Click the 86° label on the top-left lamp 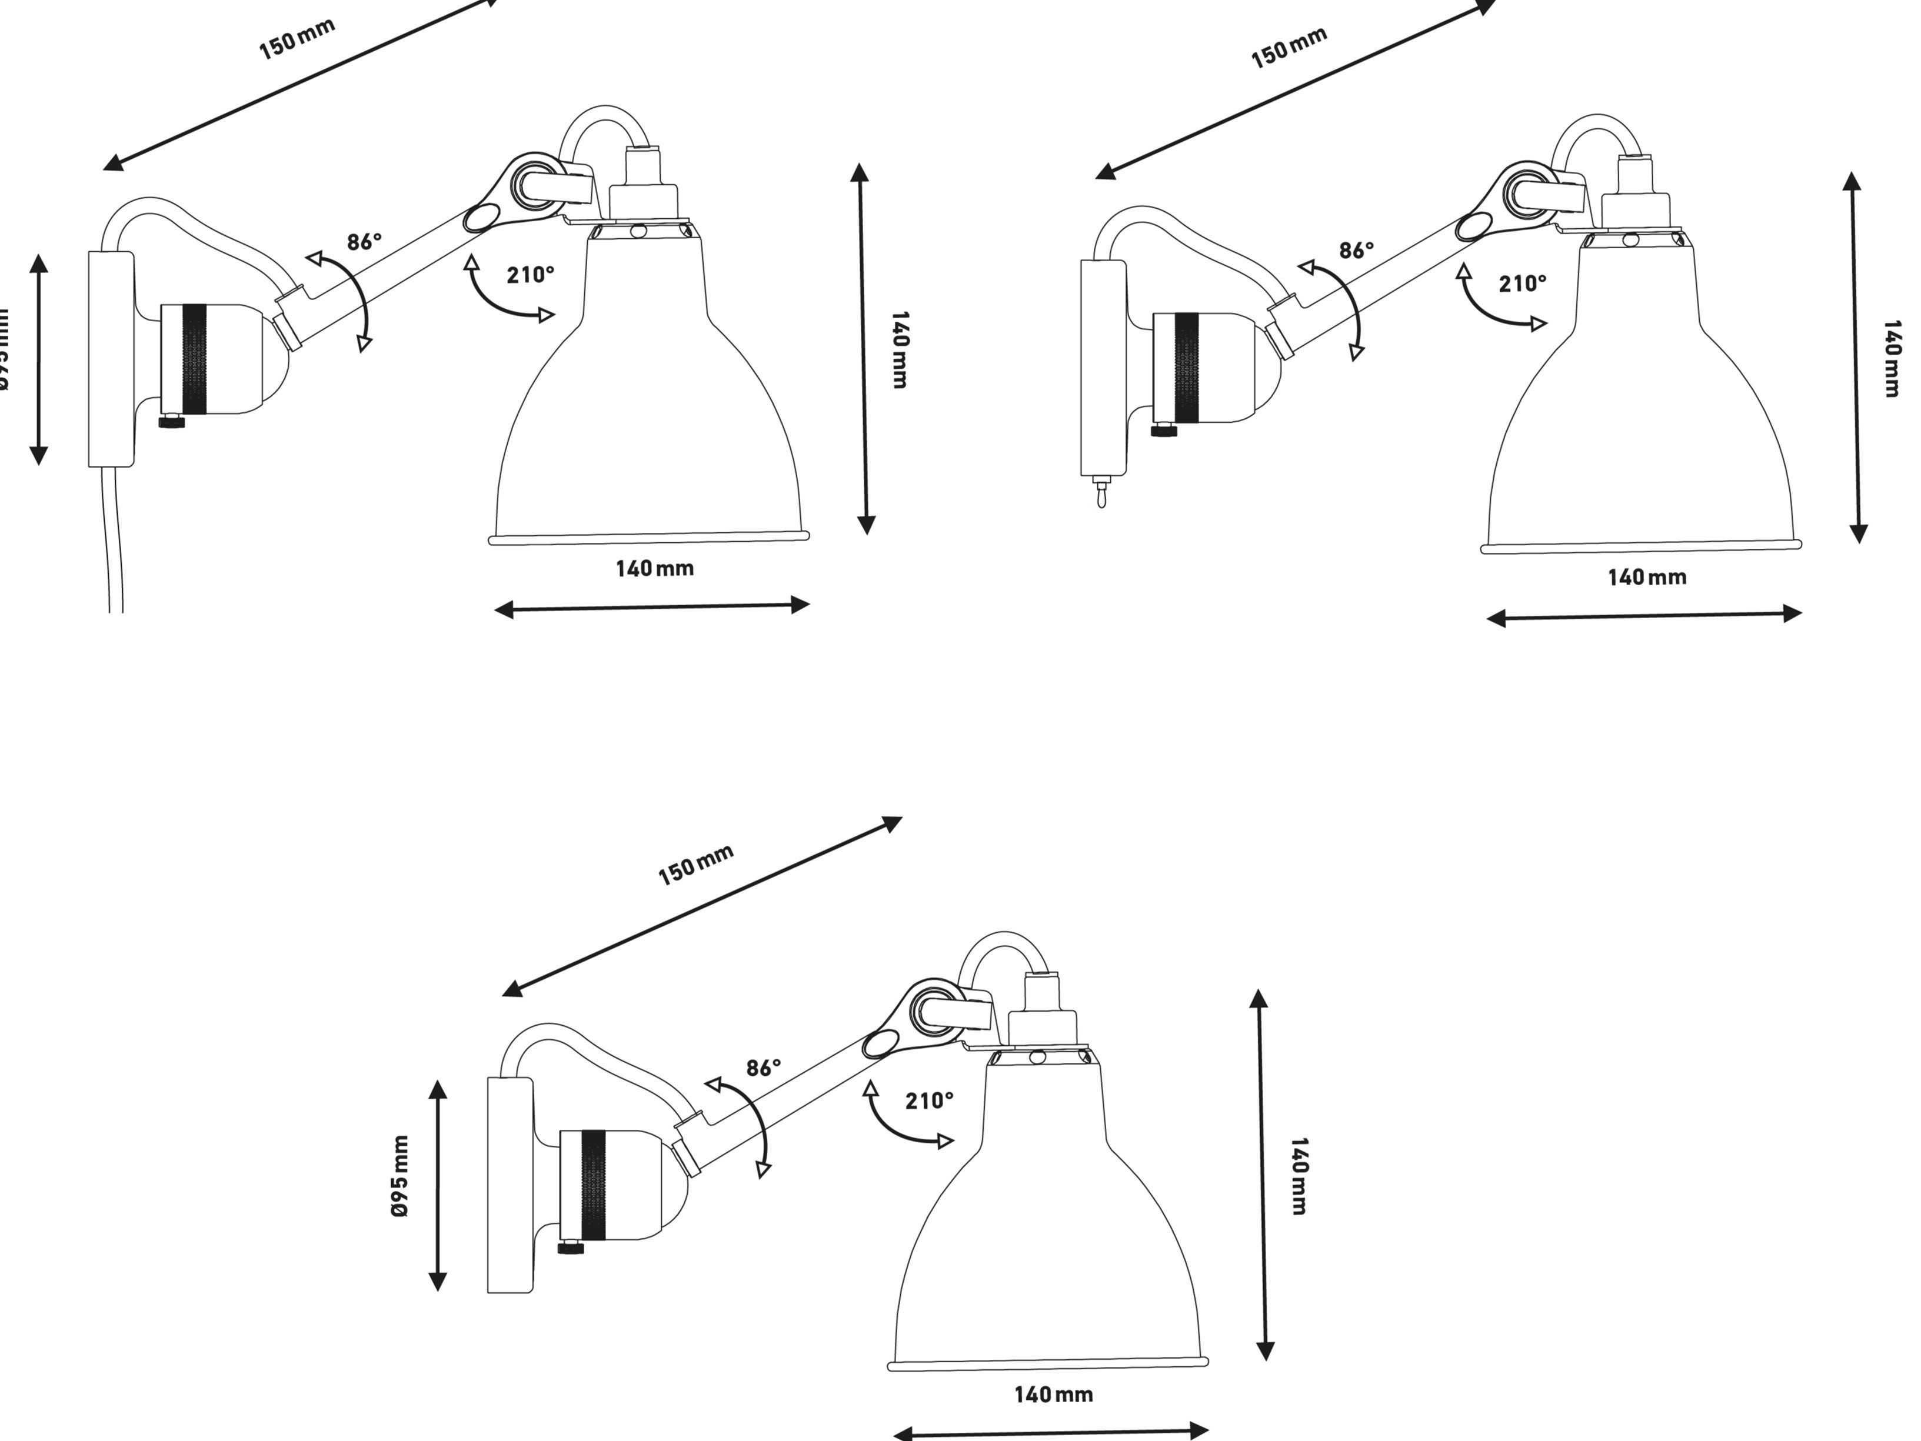pyautogui.click(x=364, y=241)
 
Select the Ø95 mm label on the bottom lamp pyautogui.click(x=400, y=1176)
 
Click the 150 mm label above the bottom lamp pyautogui.click(x=695, y=865)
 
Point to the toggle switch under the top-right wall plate pyautogui.click(x=1101, y=492)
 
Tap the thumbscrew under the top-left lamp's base pyautogui.click(x=172, y=423)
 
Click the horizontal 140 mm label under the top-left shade pyautogui.click(x=655, y=569)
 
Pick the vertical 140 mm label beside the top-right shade pyautogui.click(x=1892, y=358)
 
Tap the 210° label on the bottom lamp pyautogui.click(x=929, y=1100)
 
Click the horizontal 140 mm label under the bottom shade pyautogui.click(x=1053, y=1394)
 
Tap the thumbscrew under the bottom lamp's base pyautogui.click(x=571, y=1247)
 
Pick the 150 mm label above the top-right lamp pyautogui.click(x=1289, y=48)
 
